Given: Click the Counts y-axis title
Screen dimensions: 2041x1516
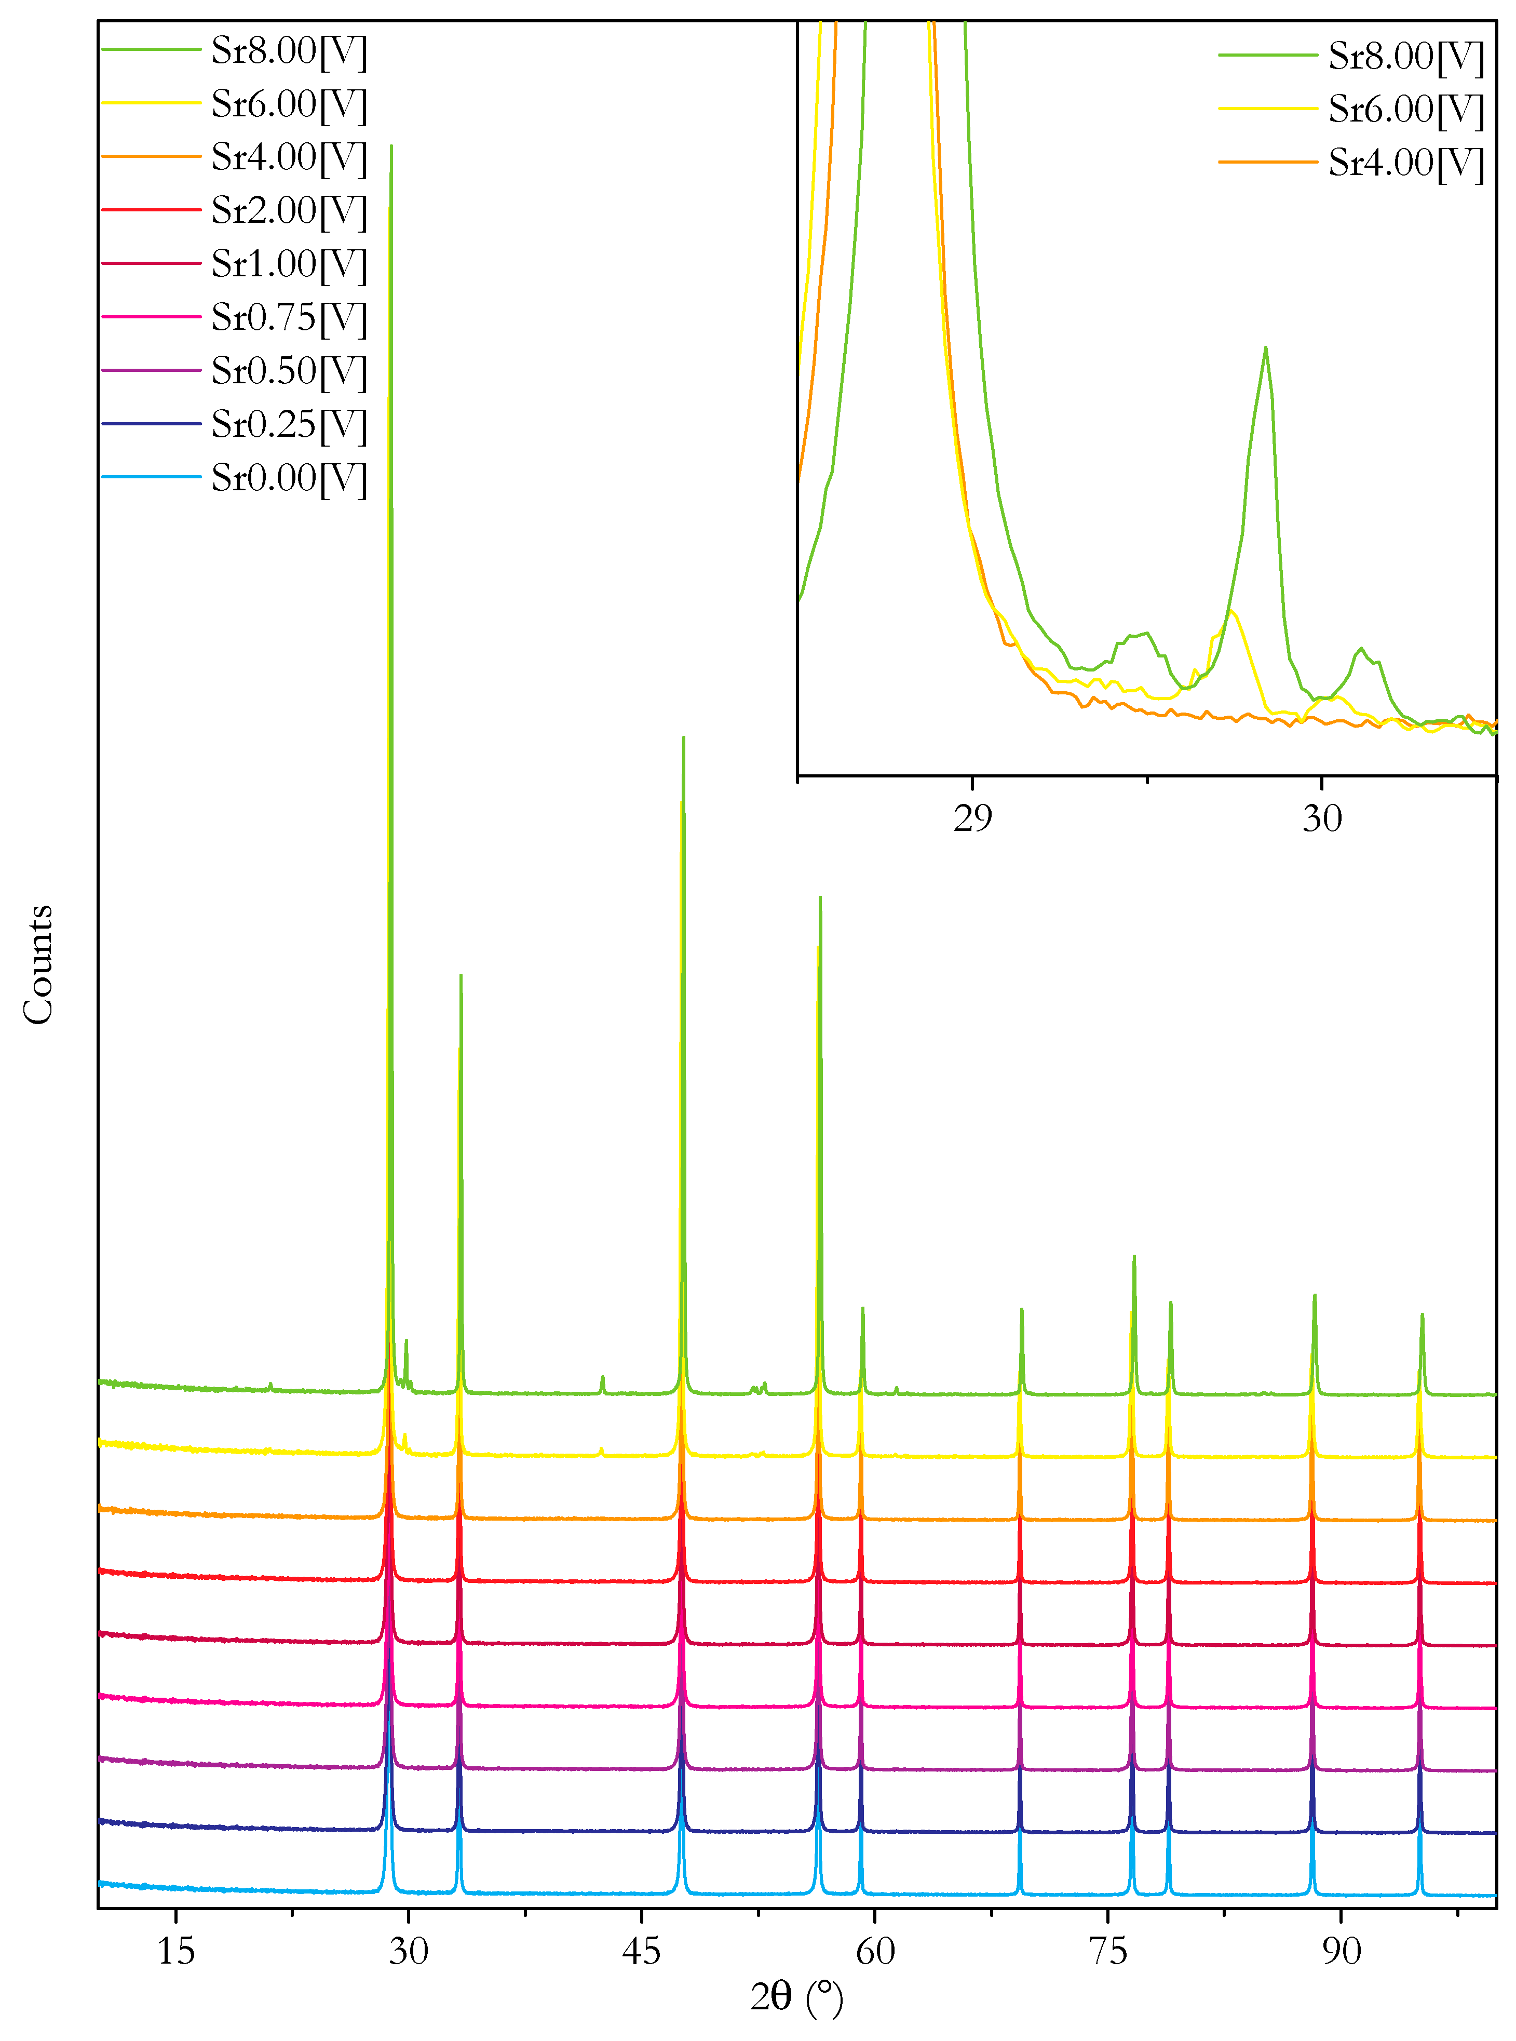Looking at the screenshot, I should click(38, 963).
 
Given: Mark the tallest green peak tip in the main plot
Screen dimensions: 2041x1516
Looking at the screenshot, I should click(392, 145).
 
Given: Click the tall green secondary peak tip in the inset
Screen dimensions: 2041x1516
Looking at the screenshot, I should click(1265, 348).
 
